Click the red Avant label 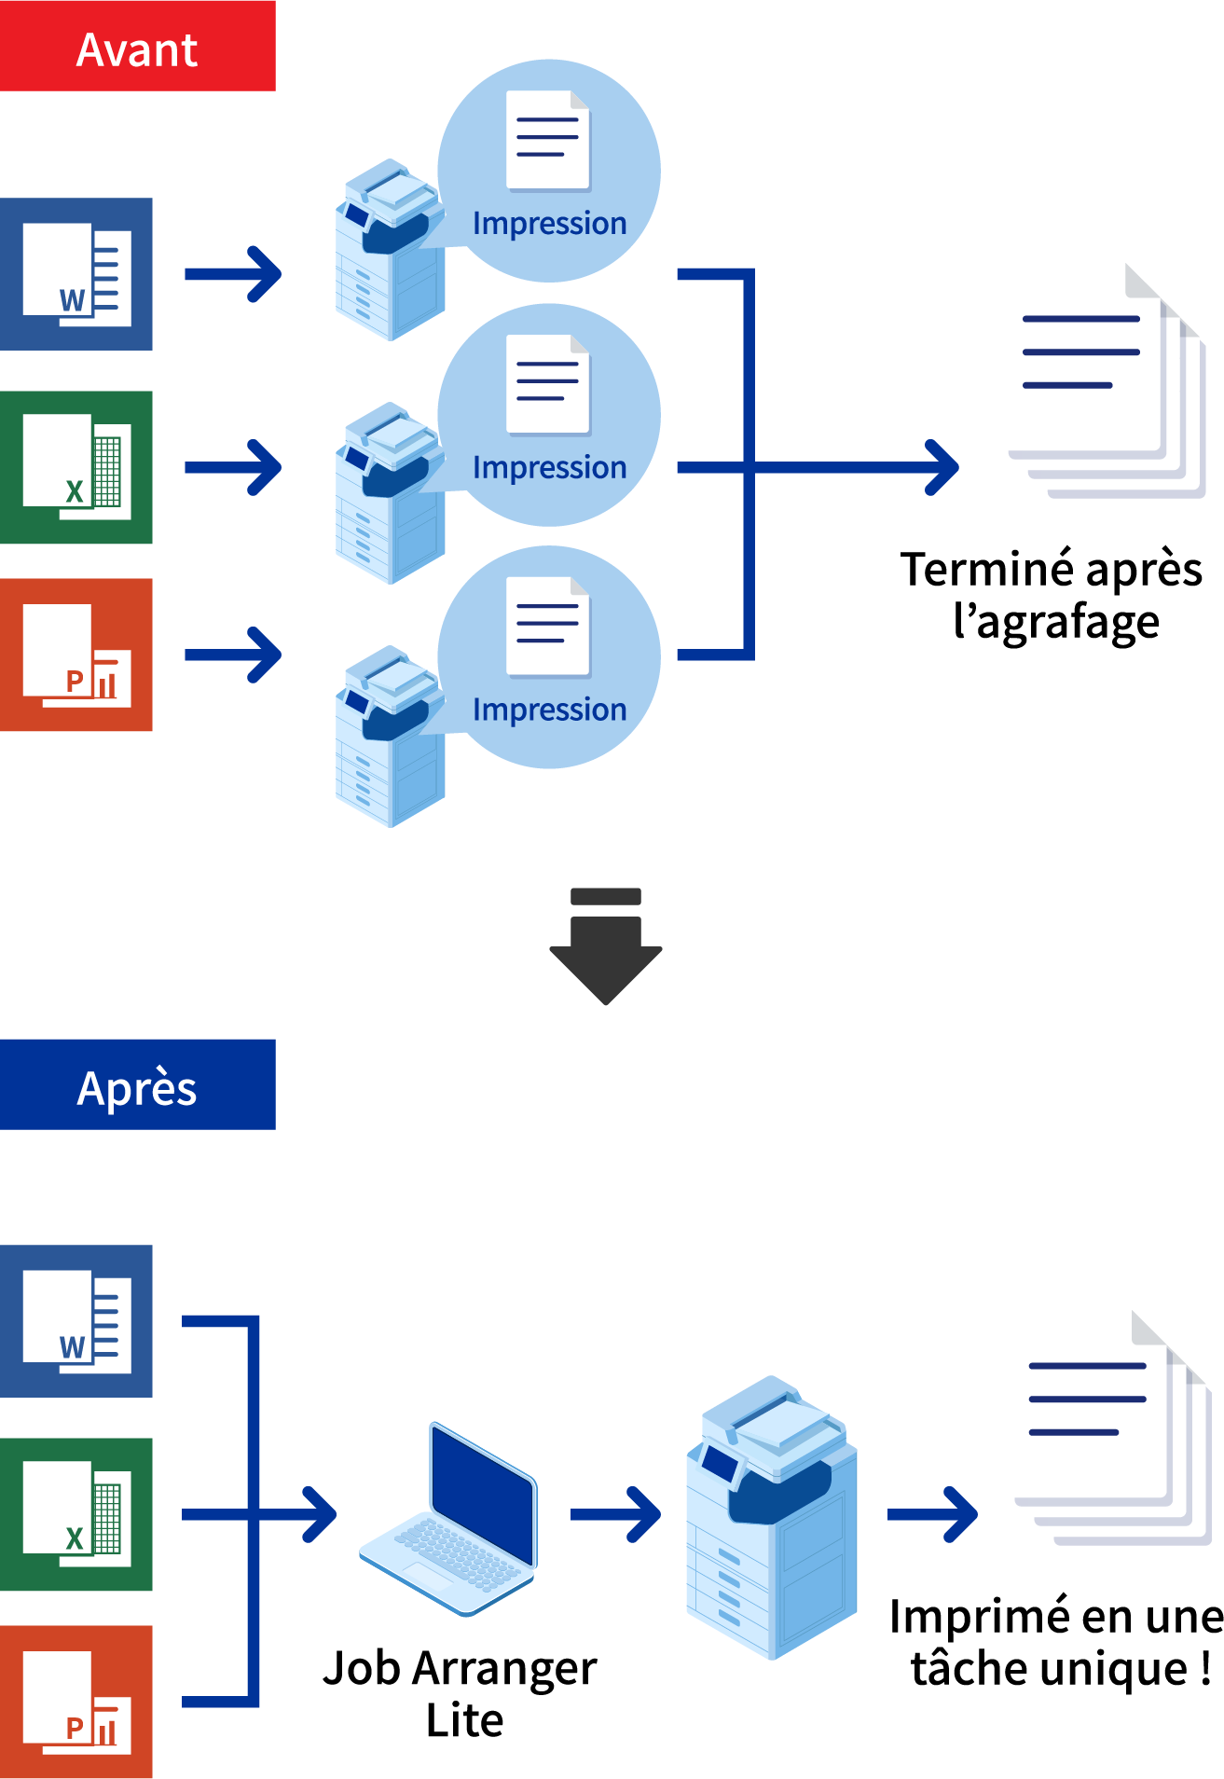click(137, 47)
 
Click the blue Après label click(137, 1084)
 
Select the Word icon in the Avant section click(76, 274)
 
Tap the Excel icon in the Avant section click(76, 467)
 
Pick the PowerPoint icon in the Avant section click(76, 655)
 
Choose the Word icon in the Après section click(76, 1321)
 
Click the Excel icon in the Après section click(76, 1514)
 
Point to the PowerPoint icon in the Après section click(76, 1702)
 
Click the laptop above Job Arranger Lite click(450, 1520)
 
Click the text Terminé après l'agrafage click(1052, 595)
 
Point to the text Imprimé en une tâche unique click(1056, 1642)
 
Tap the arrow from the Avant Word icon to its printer click(233, 274)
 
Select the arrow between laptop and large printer click(615, 1514)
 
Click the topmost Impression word click(549, 224)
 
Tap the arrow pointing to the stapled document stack click(858, 467)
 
